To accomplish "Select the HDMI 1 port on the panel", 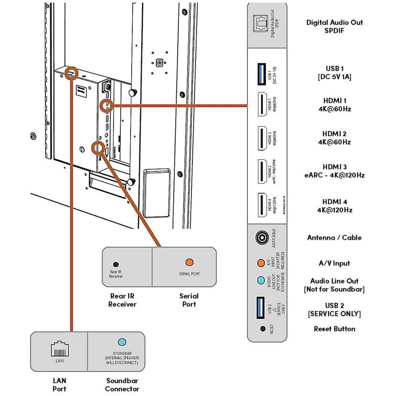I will pyautogui.click(x=261, y=104).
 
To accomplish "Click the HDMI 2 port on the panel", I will pyautogui.click(x=261, y=138).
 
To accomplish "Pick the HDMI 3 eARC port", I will pyautogui.click(x=261, y=171).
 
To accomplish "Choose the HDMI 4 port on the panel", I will pyautogui.click(x=261, y=205).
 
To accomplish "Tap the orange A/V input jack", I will pyautogui.click(x=261, y=263).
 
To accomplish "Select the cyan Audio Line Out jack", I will pyautogui.click(x=261, y=280).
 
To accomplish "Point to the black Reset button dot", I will pyautogui.click(x=262, y=328).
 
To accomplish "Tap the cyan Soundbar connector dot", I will pyautogui.click(x=122, y=342).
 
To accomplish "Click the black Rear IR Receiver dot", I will pyautogui.click(x=116, y=264).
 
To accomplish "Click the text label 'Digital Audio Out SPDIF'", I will pyautogui.click(x=334, y=26).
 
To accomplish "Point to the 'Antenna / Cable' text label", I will pyautogui.click(x=334, y=238).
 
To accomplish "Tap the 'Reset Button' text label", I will pyautogui.click(x=334, y=329).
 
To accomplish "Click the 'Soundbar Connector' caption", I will pyautogui.click(x=122, y=384).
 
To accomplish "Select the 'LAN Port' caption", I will pyautogui.click(x=59, y=384).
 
